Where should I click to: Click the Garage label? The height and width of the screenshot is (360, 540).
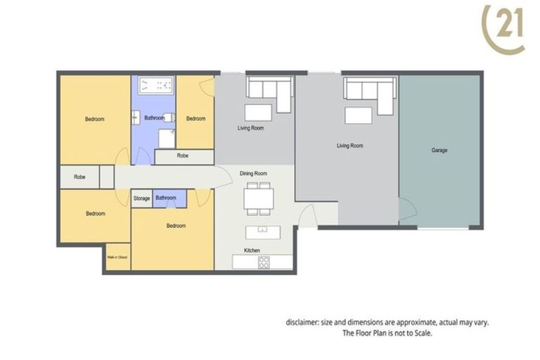tap(439, 150)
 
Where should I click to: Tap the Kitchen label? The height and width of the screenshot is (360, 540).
tap(252, 250)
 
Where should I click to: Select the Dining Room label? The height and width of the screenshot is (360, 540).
tap(253, 173)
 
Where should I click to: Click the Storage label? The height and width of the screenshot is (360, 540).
tap(141, 199)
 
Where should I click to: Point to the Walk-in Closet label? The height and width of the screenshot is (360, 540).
tap(116, 257)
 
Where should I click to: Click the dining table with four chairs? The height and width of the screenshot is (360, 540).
tap(257, 198)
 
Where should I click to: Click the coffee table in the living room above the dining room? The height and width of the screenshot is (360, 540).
tap(257, 113)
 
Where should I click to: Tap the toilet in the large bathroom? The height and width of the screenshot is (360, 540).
tap(169, 119)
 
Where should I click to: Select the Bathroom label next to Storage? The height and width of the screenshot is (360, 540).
tap(165, 199)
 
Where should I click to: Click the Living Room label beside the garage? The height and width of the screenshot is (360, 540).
tap(349, 146)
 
